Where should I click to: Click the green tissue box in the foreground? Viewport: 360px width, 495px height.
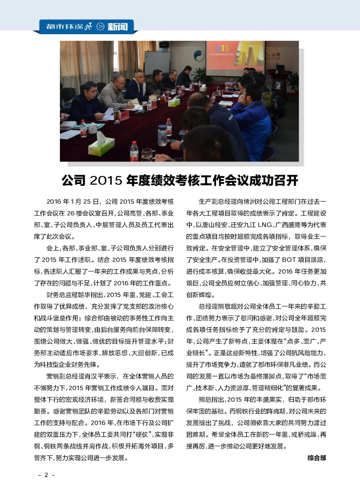(102, 145)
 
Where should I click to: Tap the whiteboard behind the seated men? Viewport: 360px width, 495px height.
(157, 63)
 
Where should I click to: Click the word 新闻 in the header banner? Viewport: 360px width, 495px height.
(117, 27)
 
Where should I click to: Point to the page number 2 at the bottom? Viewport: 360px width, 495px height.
(46, 476)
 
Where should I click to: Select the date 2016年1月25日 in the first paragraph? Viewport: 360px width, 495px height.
(74, 201)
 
